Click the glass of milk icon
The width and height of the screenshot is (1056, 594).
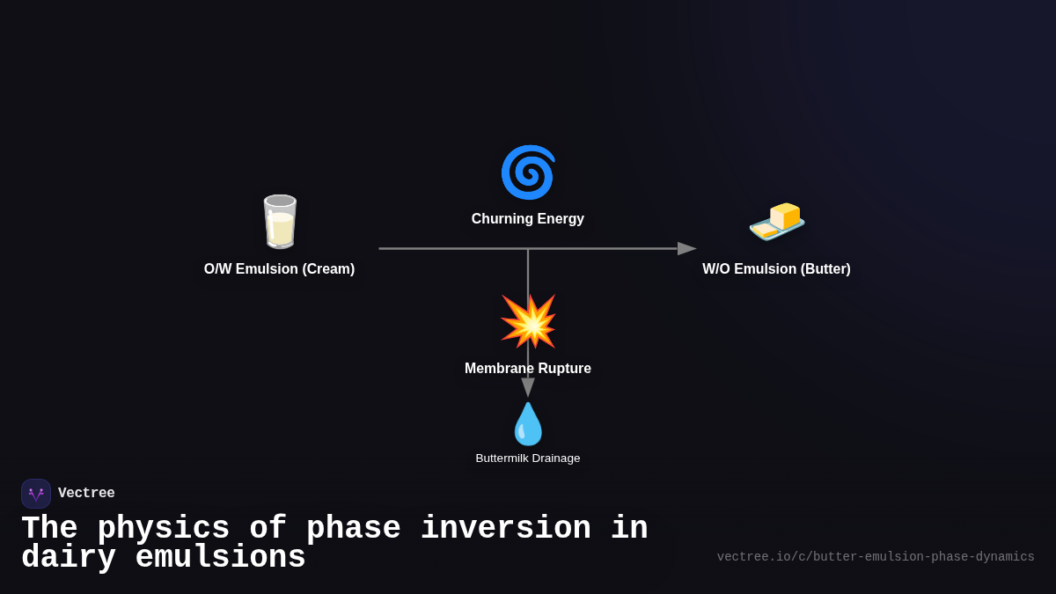coord(280,222)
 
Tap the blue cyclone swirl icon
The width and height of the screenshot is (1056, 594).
coord(528,172)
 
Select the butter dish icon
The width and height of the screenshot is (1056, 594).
coord(777,221)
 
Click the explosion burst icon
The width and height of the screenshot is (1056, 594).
coord(528,321)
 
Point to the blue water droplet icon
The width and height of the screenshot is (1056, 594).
coord(528,424)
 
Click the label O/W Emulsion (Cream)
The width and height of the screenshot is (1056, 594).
coord(279,269)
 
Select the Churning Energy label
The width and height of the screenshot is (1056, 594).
coord(528,219)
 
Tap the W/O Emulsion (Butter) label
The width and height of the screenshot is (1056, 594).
coord(776,269)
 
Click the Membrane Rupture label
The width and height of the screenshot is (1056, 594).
coord(528,369)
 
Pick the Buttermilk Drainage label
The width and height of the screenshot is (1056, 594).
coord(528,458)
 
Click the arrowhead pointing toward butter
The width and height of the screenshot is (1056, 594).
coord(686,249)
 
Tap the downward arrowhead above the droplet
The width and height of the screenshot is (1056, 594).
coord(528,387)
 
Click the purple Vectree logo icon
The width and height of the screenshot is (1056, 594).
coord(36,494)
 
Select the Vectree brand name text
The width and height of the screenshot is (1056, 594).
coord(86,494)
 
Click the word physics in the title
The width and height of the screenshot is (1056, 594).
coord(163,529)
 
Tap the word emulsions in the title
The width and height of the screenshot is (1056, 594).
coord(220,558)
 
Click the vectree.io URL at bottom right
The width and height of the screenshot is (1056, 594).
coord(876,557)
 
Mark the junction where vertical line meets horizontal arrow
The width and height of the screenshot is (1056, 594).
coord(528,249)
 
